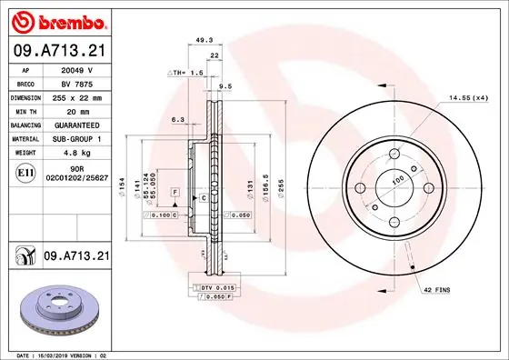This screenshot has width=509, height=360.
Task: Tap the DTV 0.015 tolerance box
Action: (211, 286)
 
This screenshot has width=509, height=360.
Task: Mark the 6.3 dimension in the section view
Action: (177, 118)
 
